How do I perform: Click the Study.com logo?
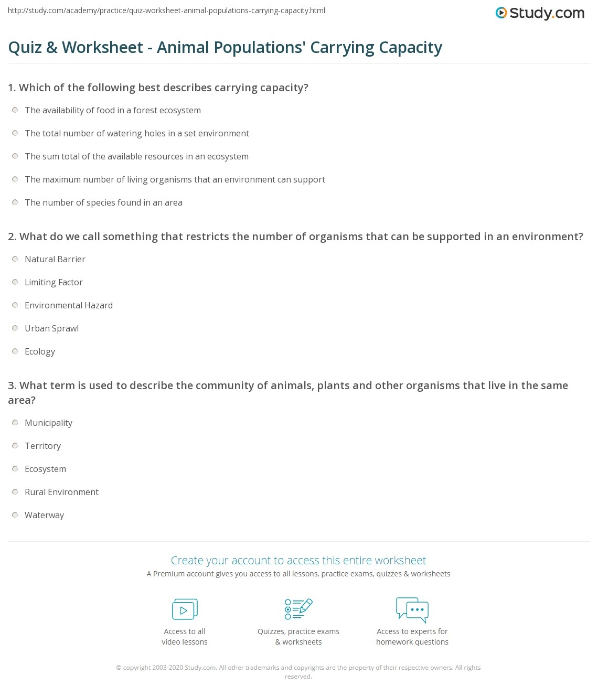tap(540, 13)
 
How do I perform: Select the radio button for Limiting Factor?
tap(15, 282)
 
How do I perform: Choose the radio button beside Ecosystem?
tap(15, 469)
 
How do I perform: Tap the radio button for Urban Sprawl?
tap(15, 328)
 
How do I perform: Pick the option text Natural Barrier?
tap(55, 259)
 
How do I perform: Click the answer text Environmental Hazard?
tap(69, 305)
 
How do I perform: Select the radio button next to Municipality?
tap(15, 423)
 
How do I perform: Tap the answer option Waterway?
tap(44, 515)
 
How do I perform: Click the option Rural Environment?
tap(61, 492)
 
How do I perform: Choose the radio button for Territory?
tap(15, 446)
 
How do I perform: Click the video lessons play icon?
tap(185, 609)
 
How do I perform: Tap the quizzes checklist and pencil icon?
tap(298, 609)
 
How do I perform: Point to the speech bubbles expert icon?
tap(412, 609)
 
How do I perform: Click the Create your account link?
tap(298, 560)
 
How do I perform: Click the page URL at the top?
tap(167, 10)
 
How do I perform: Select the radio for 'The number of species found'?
tap(15, 202)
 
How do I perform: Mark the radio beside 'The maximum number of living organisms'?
tap(15, 179)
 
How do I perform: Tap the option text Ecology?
tap(40, 351)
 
